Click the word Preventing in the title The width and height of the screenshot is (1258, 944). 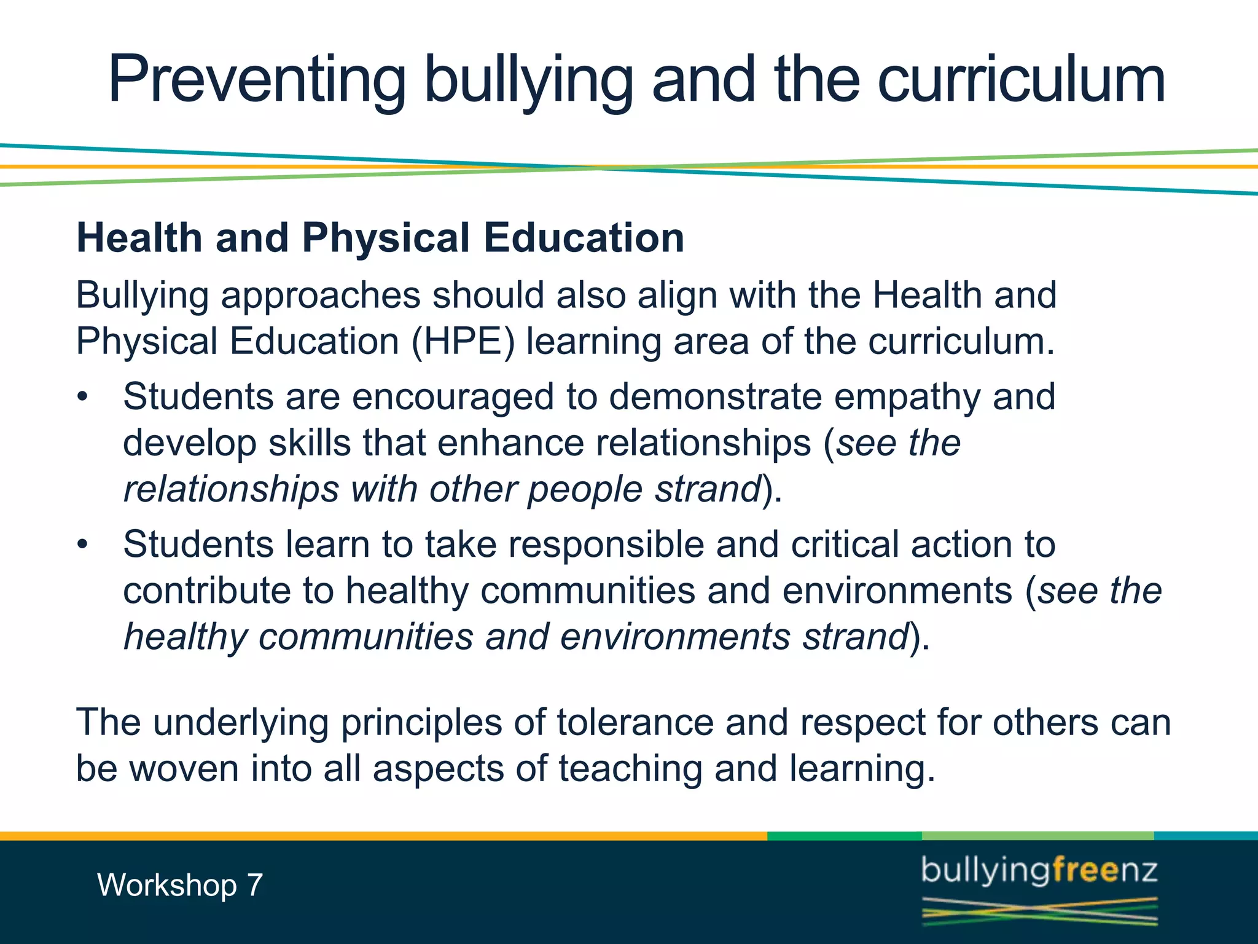coord(257,80)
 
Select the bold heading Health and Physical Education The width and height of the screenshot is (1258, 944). coord(380,238)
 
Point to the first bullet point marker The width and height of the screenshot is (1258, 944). coord(83,397)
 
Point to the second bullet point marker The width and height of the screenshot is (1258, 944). coord(83,545)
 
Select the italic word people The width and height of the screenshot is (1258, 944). coord(585,489)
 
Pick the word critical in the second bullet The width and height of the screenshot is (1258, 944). coord(845,545)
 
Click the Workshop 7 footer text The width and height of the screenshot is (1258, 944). coord(180,886)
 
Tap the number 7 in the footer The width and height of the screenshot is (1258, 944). coord(254,886)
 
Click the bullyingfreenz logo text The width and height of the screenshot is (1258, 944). coord(1039,871)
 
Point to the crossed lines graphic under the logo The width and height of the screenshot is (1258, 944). coord(1039,911)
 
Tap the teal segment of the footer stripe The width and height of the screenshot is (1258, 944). coord(1205,836)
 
